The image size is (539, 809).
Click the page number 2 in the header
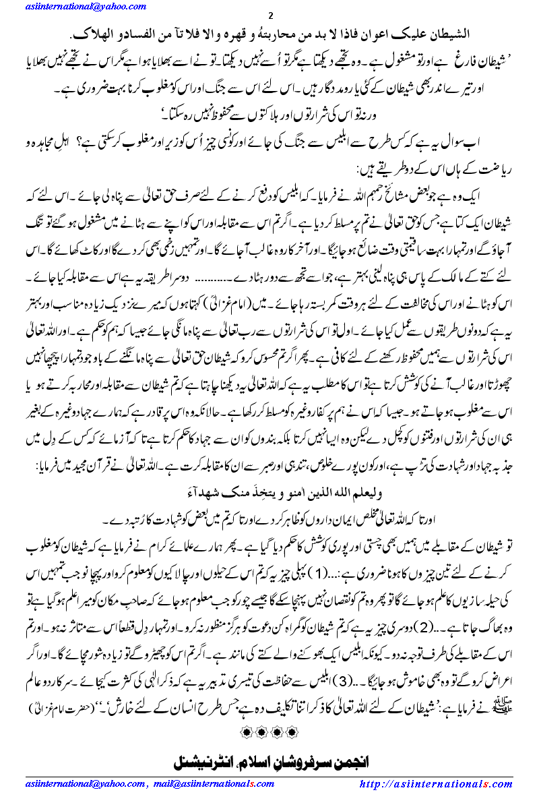click(x=270, y=16)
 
